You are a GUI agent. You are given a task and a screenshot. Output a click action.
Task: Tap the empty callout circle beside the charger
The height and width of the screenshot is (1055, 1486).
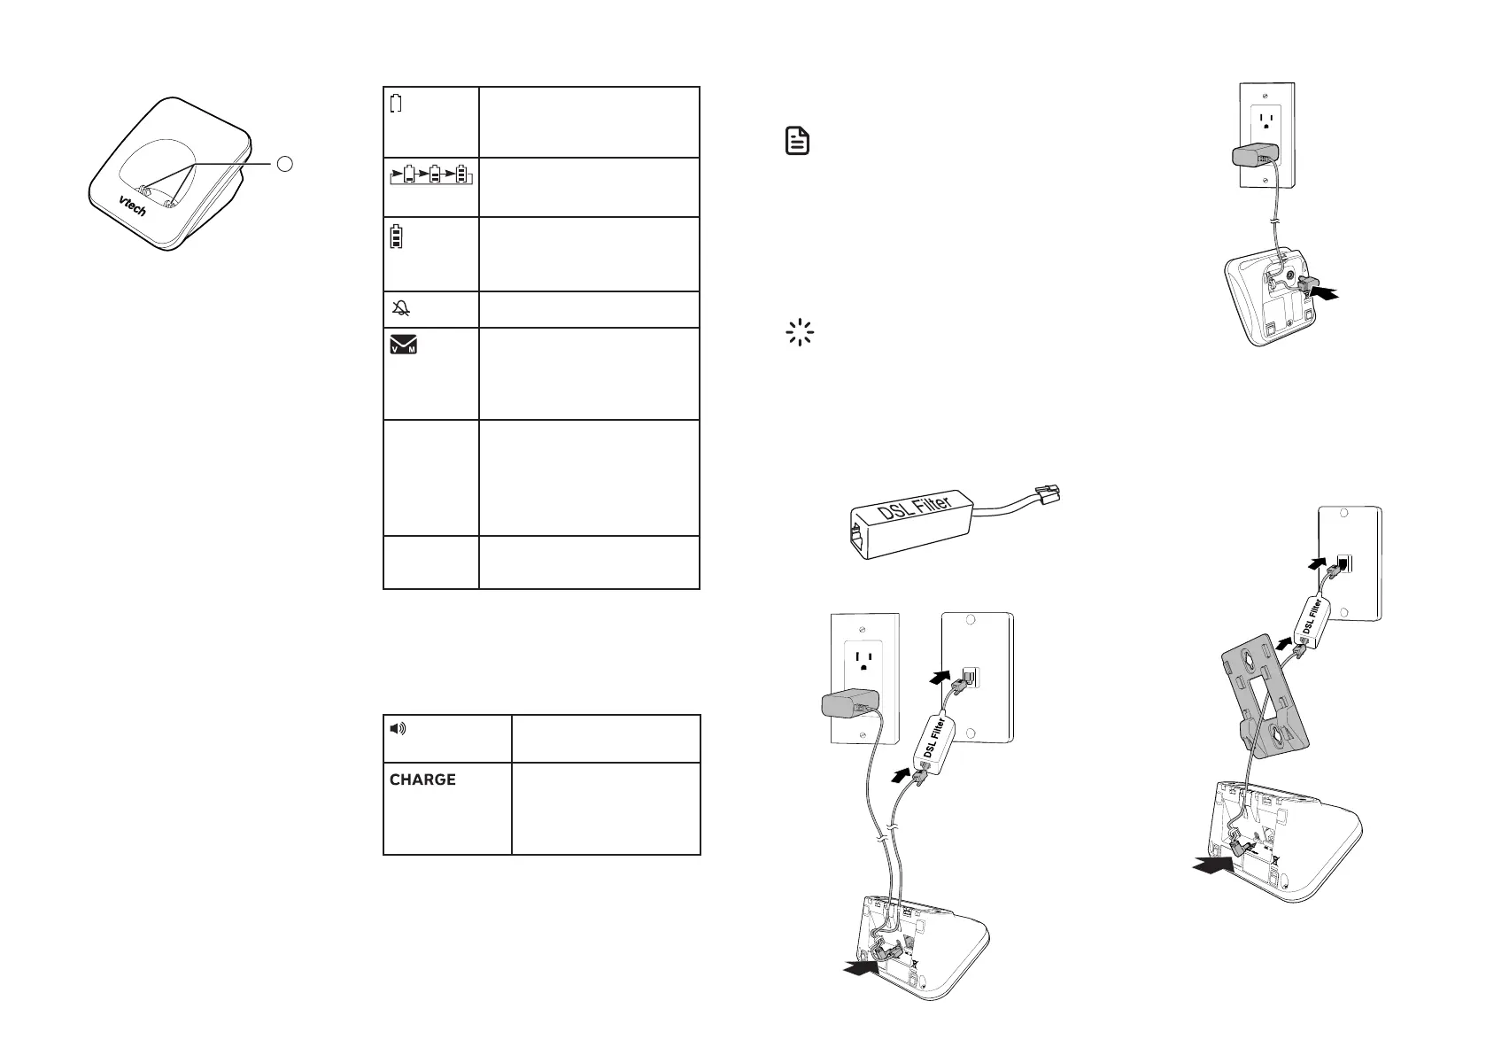(x=283, y=163)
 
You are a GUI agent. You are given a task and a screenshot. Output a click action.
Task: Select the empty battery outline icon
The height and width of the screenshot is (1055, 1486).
(x=396, y=103)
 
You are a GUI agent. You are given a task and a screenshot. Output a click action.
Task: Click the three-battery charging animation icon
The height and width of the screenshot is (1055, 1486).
(x=431, y=174)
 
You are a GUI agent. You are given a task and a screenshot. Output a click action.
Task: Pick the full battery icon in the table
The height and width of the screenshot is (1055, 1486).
(x=396, y=237)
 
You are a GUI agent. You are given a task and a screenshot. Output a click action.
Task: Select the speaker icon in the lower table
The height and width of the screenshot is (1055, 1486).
(x=399, y=729)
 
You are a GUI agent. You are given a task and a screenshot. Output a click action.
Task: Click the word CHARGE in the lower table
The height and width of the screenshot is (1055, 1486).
(x=422, y=780)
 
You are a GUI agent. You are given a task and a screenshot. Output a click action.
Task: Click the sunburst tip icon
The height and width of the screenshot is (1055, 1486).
(x=800, y=333)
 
